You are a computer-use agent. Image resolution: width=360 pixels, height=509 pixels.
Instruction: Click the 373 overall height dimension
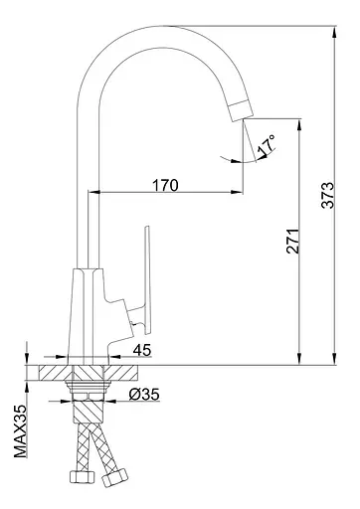pyautogui.click(x=328, y=195)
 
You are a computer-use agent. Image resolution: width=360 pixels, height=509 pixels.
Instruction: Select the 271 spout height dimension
pyautogui.click(x=292, y=241)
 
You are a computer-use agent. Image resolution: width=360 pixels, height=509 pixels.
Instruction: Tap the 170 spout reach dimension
pyautogui.click(x=165, y=185)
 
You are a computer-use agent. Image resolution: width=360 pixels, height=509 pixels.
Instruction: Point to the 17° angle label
pyautogui.click(x=267, y=145)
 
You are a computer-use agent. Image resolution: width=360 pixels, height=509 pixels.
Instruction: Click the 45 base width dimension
pyautogui.click(x=142, y=350)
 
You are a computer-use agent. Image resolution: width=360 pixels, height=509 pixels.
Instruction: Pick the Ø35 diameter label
pyautogui.click(x=144, y=395)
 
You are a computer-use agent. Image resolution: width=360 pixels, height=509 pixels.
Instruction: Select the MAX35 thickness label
pyautogui.click(x=20, y=431)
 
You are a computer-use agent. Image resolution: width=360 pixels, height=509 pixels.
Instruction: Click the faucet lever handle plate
pyautogui.click(x=147, y=279)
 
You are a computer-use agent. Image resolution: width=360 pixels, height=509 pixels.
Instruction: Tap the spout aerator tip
pyautogui.click(x=241, y=110)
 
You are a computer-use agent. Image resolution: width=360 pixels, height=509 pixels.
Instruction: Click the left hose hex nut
pyautogui.click(x=83, y=477)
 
